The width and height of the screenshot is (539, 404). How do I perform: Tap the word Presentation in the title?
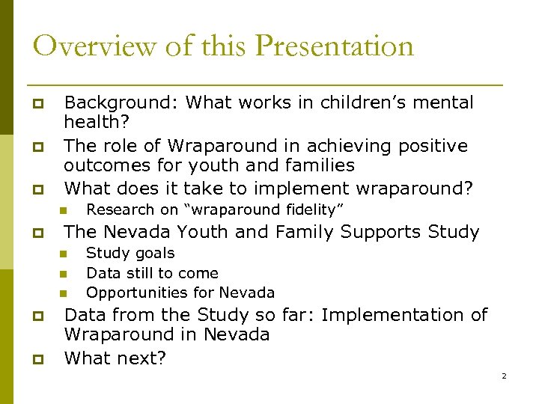pos(334,46)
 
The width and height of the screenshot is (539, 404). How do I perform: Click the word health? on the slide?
pos(93,121)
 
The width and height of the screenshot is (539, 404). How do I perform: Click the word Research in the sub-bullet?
pos(120,209)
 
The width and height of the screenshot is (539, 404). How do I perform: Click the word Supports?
pos(380,232)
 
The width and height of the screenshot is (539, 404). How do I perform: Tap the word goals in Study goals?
pos(154,254)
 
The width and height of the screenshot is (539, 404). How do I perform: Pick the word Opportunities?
pos(135,293)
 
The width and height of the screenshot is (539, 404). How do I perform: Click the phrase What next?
pos(115,358)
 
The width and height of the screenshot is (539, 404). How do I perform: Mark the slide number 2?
pos(504,376)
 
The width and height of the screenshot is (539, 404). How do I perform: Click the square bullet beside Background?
pos(34,103)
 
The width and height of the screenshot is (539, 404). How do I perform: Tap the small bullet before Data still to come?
pos(64,273)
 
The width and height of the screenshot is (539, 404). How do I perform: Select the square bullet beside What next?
pos(34,359)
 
